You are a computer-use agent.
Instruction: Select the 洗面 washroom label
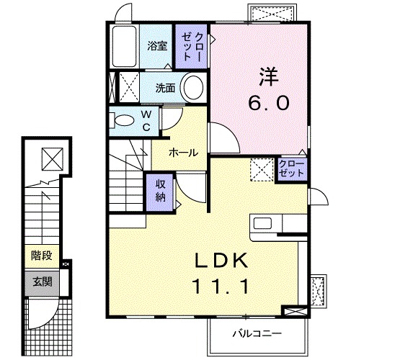(167, 89)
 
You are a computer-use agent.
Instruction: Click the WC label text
(146, 120)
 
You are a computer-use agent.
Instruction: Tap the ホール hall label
(184, 153)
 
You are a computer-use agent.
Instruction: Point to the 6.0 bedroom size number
(270, 103)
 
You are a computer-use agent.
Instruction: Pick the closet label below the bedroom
(290, 169)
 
